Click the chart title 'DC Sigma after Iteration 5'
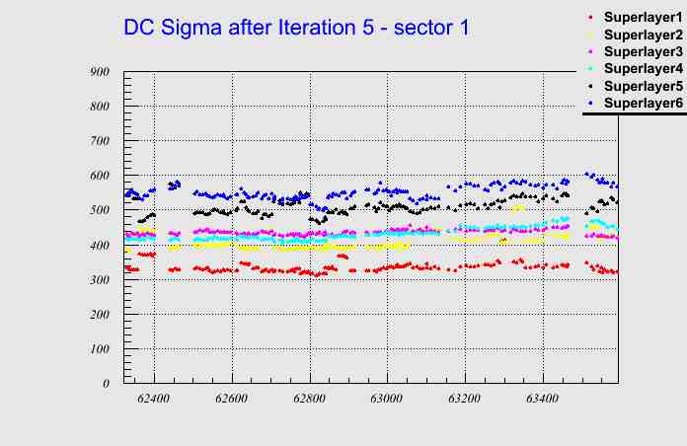pyautogui.click(x=296, y=28)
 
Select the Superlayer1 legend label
pyautogui.click(x=643, y=18)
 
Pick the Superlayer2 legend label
pyautogui.click(x=643, y=35)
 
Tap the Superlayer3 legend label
pyautogui.click(x=643, y=51)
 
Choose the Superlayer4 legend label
pyautogui.click(x=643, y=68)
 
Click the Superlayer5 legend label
pyautogui.click(x=643, y=86)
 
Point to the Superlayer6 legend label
pyautogui.click(x=643, y=103)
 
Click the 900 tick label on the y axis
pyautogui.click(x=99, y=72)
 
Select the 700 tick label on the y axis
pyautogui.click(x=99, y=141)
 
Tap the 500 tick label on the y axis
pyautogui.click(x=99, y=210)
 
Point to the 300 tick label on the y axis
pyautogui.click(x=99, y=279)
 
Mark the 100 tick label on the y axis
pyautogui.click(x=99, y=348)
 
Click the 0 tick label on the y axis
pyautogui.click(x=106, y=384)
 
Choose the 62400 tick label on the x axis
pyautogui.click(x=154, y=401)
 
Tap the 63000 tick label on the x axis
pyautogui.click(x=386, y=401)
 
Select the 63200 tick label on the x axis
pyautogui.click(x=464, y=401)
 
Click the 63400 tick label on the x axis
pyautogui.click(x=542, y=401)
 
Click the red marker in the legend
pyautogui.click(x=590, y=18)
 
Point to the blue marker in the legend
pyautogui.click(x=590, y=103)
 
